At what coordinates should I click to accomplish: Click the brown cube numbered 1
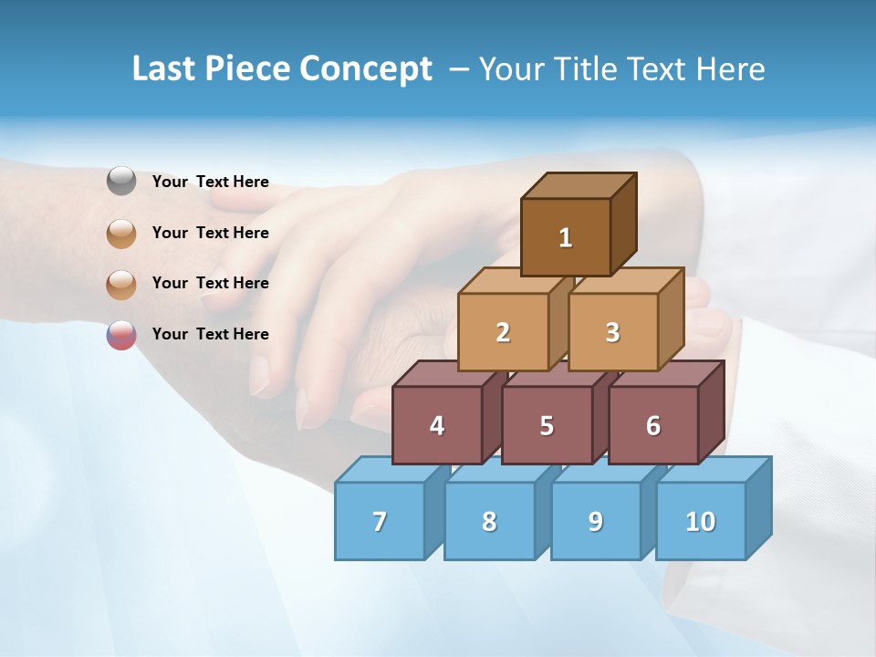566,237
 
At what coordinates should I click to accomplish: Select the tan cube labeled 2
503,332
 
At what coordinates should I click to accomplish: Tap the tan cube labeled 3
612,332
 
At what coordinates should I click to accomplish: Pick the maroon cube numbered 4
437,425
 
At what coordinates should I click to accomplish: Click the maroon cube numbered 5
547,425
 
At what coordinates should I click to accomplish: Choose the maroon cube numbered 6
653,425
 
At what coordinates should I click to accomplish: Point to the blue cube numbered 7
380,521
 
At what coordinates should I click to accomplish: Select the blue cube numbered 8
489,521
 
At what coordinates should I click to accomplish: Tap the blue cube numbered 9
596,521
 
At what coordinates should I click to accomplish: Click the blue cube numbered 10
701,521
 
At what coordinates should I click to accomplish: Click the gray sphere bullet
121,182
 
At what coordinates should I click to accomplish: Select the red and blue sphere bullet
121,335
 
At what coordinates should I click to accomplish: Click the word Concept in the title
366,68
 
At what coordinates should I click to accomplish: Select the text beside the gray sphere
211,182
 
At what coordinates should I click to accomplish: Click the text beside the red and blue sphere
211,334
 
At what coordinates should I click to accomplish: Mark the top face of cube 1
579,185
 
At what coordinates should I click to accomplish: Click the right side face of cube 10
758,507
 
